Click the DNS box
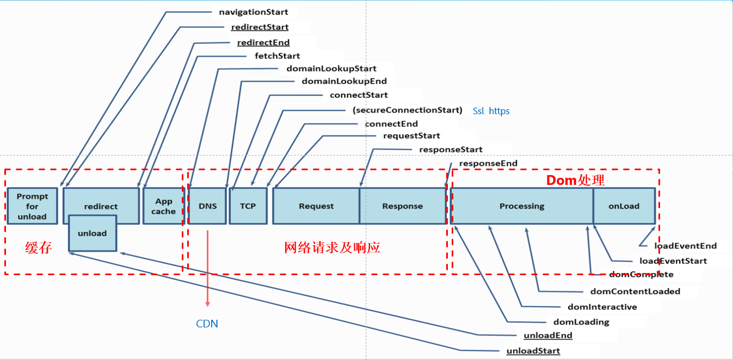207,206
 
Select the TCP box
248,206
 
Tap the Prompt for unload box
32,206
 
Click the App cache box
163,206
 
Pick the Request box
316,206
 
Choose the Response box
402,206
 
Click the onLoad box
624,206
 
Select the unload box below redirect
93,233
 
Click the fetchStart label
277,55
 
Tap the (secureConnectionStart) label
407,110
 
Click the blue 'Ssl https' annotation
491,111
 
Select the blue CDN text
207,324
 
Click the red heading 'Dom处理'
575,180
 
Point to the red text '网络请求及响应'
332,248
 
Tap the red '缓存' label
38,248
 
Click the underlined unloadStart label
533,351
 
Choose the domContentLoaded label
635,291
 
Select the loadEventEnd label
685,246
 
